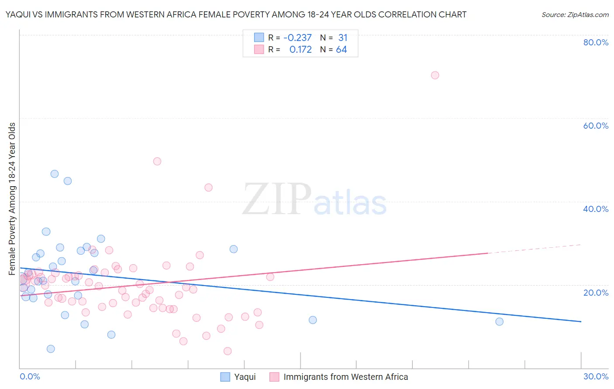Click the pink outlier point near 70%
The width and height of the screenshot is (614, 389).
(435, 75)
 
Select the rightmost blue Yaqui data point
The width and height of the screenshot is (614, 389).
(499, 321)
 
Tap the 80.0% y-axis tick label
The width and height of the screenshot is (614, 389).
(596, 42)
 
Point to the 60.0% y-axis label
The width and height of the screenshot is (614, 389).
(596, 126)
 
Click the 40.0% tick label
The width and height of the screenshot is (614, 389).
(596, 209)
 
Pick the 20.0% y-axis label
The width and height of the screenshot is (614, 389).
(596, 293)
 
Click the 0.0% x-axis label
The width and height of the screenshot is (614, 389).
(30, 376)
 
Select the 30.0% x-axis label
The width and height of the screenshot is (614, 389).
(596, 376)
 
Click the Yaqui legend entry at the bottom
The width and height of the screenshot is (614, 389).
(245, 377)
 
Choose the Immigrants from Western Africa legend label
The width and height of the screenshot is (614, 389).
(345, 377)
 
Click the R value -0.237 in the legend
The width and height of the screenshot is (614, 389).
(297, 38)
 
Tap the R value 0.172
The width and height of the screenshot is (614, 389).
(300, 50)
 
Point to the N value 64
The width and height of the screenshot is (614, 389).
(341, 50)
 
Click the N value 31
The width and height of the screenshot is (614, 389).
(342, 38)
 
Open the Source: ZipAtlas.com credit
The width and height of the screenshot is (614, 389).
(575, 15)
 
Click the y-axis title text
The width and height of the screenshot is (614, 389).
(12, 199)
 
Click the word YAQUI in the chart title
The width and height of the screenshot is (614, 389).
(18, 15)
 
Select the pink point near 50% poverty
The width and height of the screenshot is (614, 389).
(157, 161)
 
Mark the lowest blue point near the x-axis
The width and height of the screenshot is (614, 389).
(51, 348)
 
